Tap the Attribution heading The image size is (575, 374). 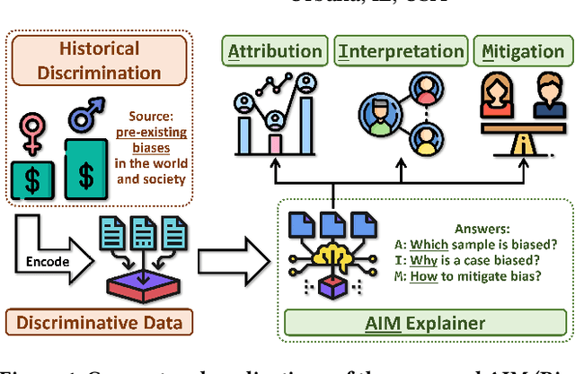tap(274, 51)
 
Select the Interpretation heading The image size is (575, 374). tap(400, 51)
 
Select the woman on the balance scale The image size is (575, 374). tap(495, 101)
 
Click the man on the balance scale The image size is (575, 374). tap(547, 101)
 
